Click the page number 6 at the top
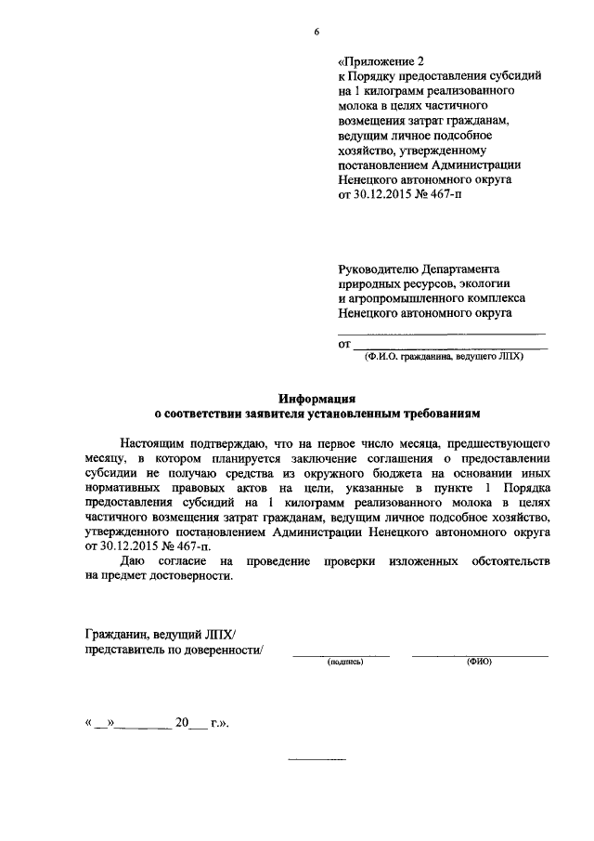(x=316, y=33)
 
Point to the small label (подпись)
(x=344, y=662)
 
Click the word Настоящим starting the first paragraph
(x=156, y=443)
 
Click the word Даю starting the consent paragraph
(x=135, y=562)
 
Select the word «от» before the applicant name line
(x=343, y=344)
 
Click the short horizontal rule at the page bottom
(x=316, y=761)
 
